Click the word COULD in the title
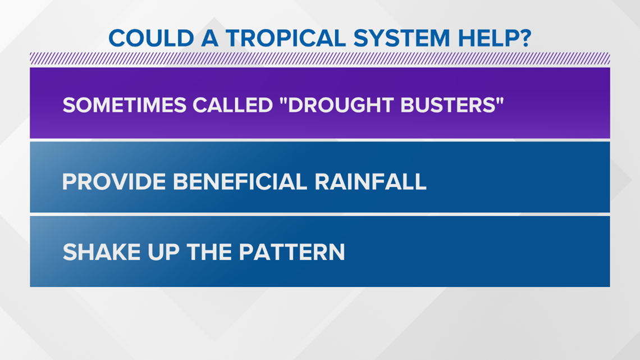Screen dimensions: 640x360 [x=151, y=38]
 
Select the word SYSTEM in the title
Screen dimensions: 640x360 [x=401, y=38]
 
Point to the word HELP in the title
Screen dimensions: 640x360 [x=488, y=38]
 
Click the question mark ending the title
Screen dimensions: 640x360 [x=525, y=38]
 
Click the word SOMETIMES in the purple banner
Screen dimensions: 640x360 [x=125, y=106]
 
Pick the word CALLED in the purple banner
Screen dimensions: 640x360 [x=232, y=106]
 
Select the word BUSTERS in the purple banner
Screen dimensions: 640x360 [x=447, y=106]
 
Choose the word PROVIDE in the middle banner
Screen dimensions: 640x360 [x=114, y=181]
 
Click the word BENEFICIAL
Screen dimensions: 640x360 [x=240, y=181]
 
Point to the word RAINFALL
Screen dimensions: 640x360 [x=371, y=181]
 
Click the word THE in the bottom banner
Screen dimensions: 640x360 [x=209, y=252]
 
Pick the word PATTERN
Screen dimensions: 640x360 [x=292, y=252]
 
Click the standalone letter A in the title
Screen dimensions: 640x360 [x=210, y=38]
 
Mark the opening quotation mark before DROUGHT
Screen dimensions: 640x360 [x=284, y=101]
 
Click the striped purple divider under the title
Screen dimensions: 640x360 [x=320, y=59]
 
